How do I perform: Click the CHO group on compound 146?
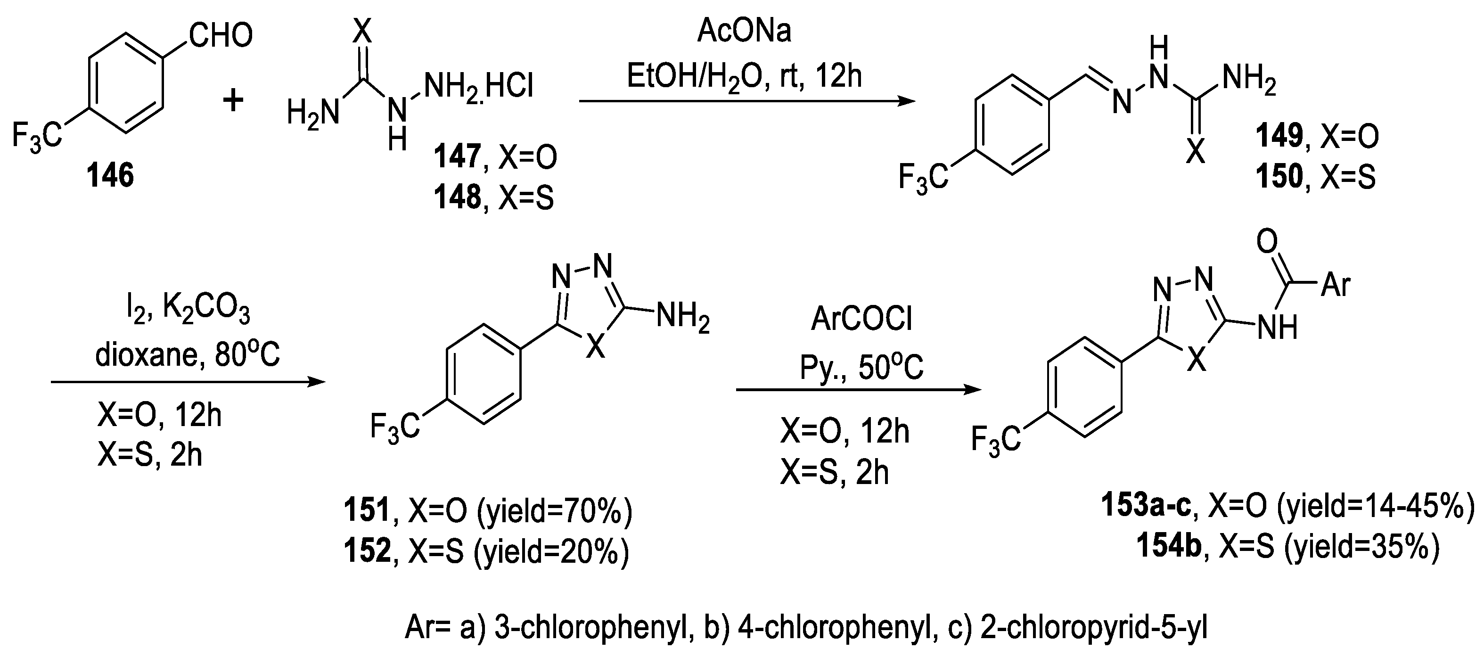coord(220,36)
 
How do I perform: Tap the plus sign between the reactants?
coord(233,101)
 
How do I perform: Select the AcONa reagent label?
coord(744,31)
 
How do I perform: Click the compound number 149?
coord(1279,136)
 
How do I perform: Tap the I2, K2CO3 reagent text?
coord(188,311)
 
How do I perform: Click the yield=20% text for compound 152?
coord(552,551)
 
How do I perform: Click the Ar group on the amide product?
coord(1336,285)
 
